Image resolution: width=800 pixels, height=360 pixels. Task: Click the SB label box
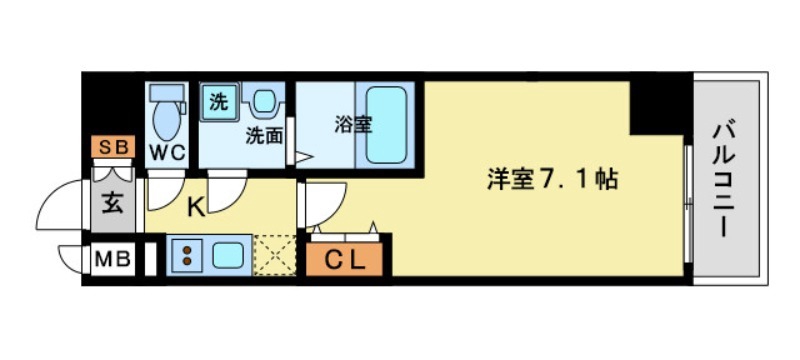tap(113, 148)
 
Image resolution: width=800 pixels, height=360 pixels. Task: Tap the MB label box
tap(112, 260)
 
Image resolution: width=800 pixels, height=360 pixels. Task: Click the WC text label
tap(167, 152)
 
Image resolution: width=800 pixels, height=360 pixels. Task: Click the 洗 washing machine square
tap(218, 100)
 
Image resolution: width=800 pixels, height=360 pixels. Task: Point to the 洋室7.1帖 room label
tap(550, 180)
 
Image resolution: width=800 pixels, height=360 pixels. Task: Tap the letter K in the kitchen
tap(197, 208)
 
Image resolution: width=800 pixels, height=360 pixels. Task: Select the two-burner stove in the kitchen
tap(187, 255)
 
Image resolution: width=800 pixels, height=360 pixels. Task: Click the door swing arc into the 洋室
tap(322, 206)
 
